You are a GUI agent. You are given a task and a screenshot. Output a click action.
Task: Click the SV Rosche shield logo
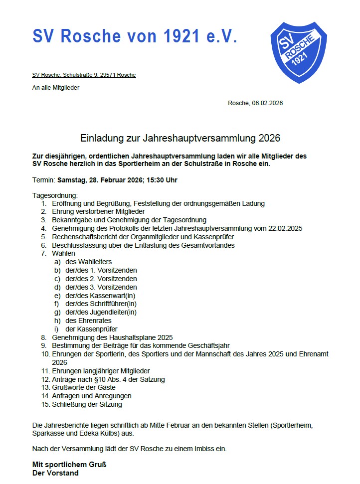point(298,51)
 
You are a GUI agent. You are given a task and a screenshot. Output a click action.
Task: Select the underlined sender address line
point(84,75)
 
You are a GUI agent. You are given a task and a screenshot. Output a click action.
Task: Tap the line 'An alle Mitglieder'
point(56,88)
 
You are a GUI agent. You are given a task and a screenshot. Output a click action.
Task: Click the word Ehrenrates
point(95,321)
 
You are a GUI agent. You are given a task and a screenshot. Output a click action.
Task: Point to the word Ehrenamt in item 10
point(314,354)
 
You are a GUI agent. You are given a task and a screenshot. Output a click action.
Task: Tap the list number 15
point(45,405)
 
